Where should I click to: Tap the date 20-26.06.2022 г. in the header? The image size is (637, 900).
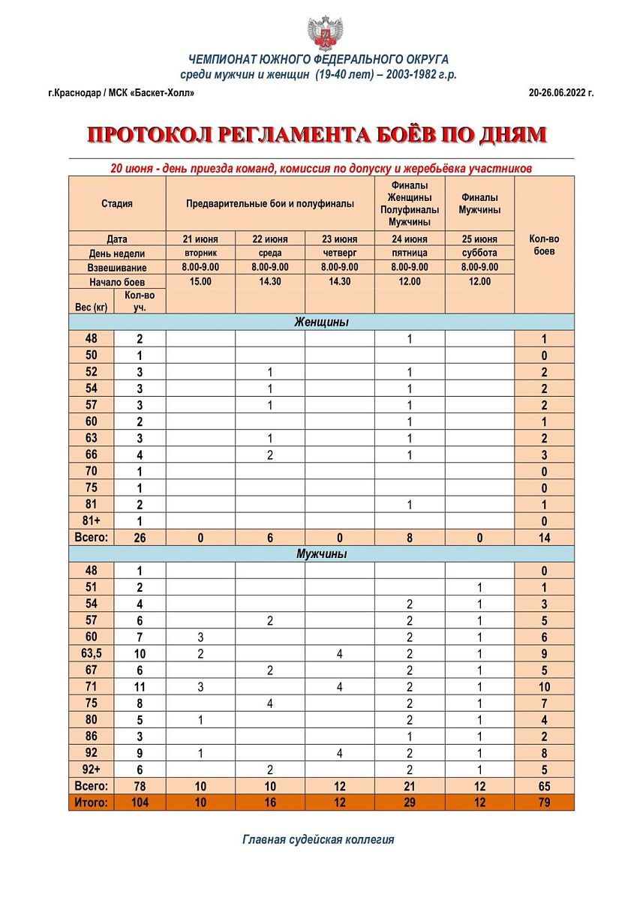pyautogui.click(x=560, y=93)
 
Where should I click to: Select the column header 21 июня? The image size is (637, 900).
pyautogui.click(x=200, y=239)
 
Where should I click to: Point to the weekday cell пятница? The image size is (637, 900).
pyautogui.click(x=410, y=253)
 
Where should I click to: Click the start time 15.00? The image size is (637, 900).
pyautogui.click(x=200, y=281)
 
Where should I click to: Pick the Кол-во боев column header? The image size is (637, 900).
pyautogui.click(x=544, y=245)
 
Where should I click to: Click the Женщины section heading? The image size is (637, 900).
pyautogui.click(x=321, y=322)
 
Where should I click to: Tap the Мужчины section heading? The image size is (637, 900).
pyautogui.click(x=321, y=554)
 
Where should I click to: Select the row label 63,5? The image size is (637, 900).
pyautogui.click(x=91, y=653)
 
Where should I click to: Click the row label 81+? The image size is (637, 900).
pyautogui.click(x=91, y=521)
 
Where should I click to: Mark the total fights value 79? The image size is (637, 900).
pyautogui.click(x=544, y=802)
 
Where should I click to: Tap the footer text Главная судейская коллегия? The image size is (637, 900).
pyautogui.click(x=318, y=839)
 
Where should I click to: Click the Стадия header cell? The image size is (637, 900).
pyautogui.click(x=117, y=203)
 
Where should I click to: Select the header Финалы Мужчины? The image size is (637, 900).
pyautogui.click(x=479, y=203)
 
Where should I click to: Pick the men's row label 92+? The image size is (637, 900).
pyautogui.click(x=91, y=769)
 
